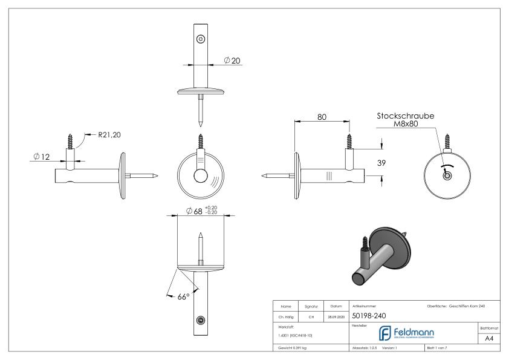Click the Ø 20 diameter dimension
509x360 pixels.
(232, 61)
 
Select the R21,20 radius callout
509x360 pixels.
(109, 134)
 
